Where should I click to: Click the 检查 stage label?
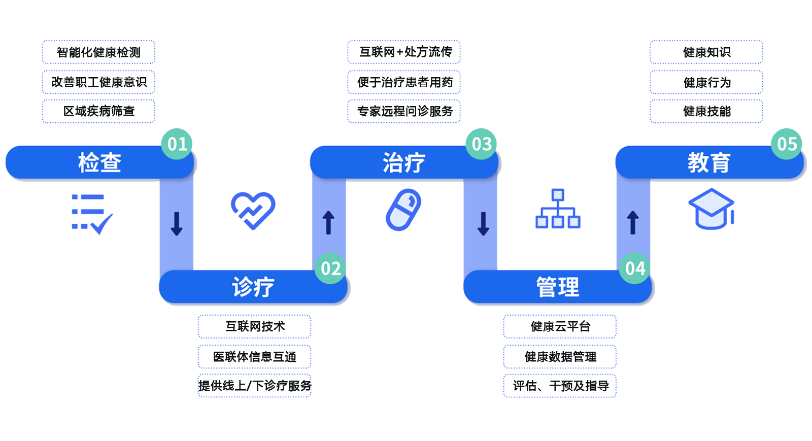click(x=99, y=163)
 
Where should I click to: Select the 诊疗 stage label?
click(x=253, y=287)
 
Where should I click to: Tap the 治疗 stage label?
click(x=404, y=163)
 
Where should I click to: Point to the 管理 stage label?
click(x=557, y=287)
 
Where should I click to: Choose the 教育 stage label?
click(x=709, y=163)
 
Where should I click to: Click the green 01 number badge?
click(x=177, y=144)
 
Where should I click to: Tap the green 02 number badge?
click(x=330, y=268)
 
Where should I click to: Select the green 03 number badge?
click(x=482, y=144)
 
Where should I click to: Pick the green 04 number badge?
click(x=635, y=268)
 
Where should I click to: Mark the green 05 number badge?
click(x=787, y=144)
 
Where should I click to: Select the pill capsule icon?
click(x=403, y=210)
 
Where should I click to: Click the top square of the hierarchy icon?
click(x=558, y=195)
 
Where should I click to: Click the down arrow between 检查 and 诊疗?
click(x=177, y=223)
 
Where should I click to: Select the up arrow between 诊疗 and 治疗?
click(x=328, y=222)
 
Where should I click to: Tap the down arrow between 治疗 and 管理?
click(x=483, y=223)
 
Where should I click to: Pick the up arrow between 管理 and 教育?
click(x=633, y=222)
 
